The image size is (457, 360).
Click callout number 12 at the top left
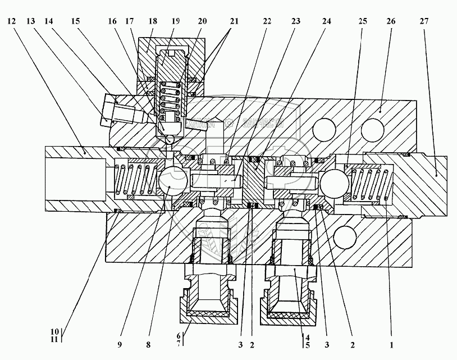12,21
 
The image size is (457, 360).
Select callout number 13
31,21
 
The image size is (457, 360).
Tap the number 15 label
75,21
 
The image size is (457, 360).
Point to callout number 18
152,21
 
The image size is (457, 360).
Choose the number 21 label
234,21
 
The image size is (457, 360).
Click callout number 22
267,21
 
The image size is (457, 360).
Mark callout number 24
326,21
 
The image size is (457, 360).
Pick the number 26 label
391,21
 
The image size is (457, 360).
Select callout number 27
423,21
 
